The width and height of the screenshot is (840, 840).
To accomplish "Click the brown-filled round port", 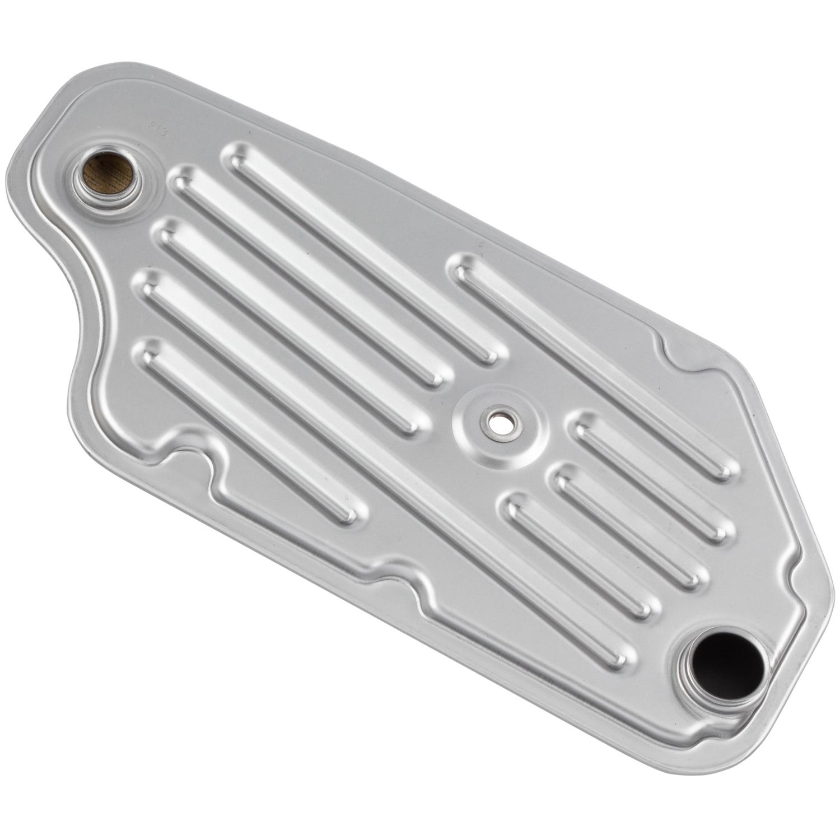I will click(108, 170).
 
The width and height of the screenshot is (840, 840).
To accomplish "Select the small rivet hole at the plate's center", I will click(497, 420).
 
